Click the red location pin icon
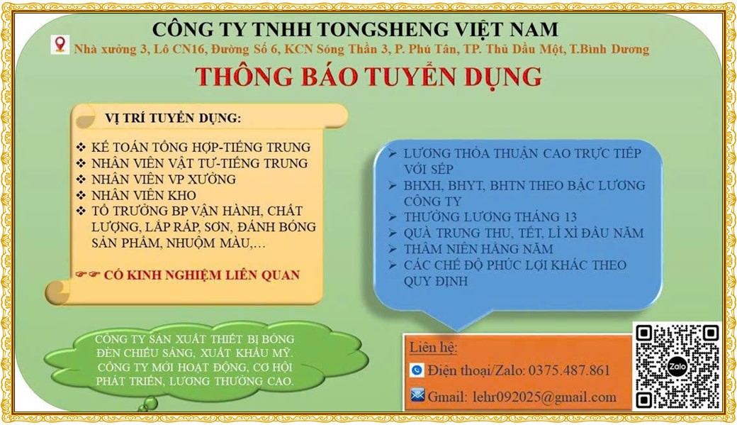60,44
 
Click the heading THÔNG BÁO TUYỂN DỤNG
368,76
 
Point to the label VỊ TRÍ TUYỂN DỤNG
173,118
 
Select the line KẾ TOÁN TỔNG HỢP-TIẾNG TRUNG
201,147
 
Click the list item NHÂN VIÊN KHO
143,195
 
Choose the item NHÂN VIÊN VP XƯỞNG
163,179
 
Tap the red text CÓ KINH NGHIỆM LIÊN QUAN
202,275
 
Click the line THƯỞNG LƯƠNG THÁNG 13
490,217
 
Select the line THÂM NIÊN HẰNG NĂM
478,248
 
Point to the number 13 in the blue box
569,217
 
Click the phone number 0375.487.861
569,370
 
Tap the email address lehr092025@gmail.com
544,397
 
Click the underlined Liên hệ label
433,348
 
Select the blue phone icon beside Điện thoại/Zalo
417,370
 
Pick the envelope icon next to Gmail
417,395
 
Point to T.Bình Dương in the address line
609,49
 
